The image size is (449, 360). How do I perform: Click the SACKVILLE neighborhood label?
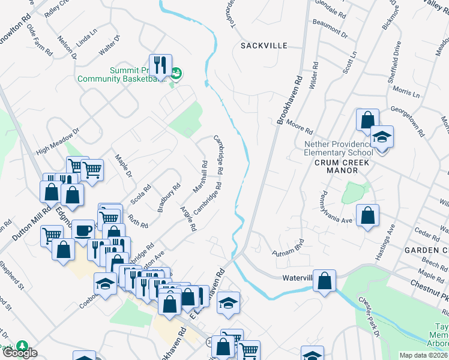(x=264, y=46)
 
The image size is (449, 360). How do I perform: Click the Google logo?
(x=19, y=353)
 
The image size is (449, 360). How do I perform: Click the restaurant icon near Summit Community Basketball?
(x=160, y=66)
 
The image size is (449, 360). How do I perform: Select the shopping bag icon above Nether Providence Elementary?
(x=367, y=119)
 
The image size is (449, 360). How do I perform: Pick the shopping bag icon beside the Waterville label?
(x=324, y=280)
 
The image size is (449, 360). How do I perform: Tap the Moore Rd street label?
(x=300, y=127)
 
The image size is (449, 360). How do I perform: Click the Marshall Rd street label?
(x=200, y=176)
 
